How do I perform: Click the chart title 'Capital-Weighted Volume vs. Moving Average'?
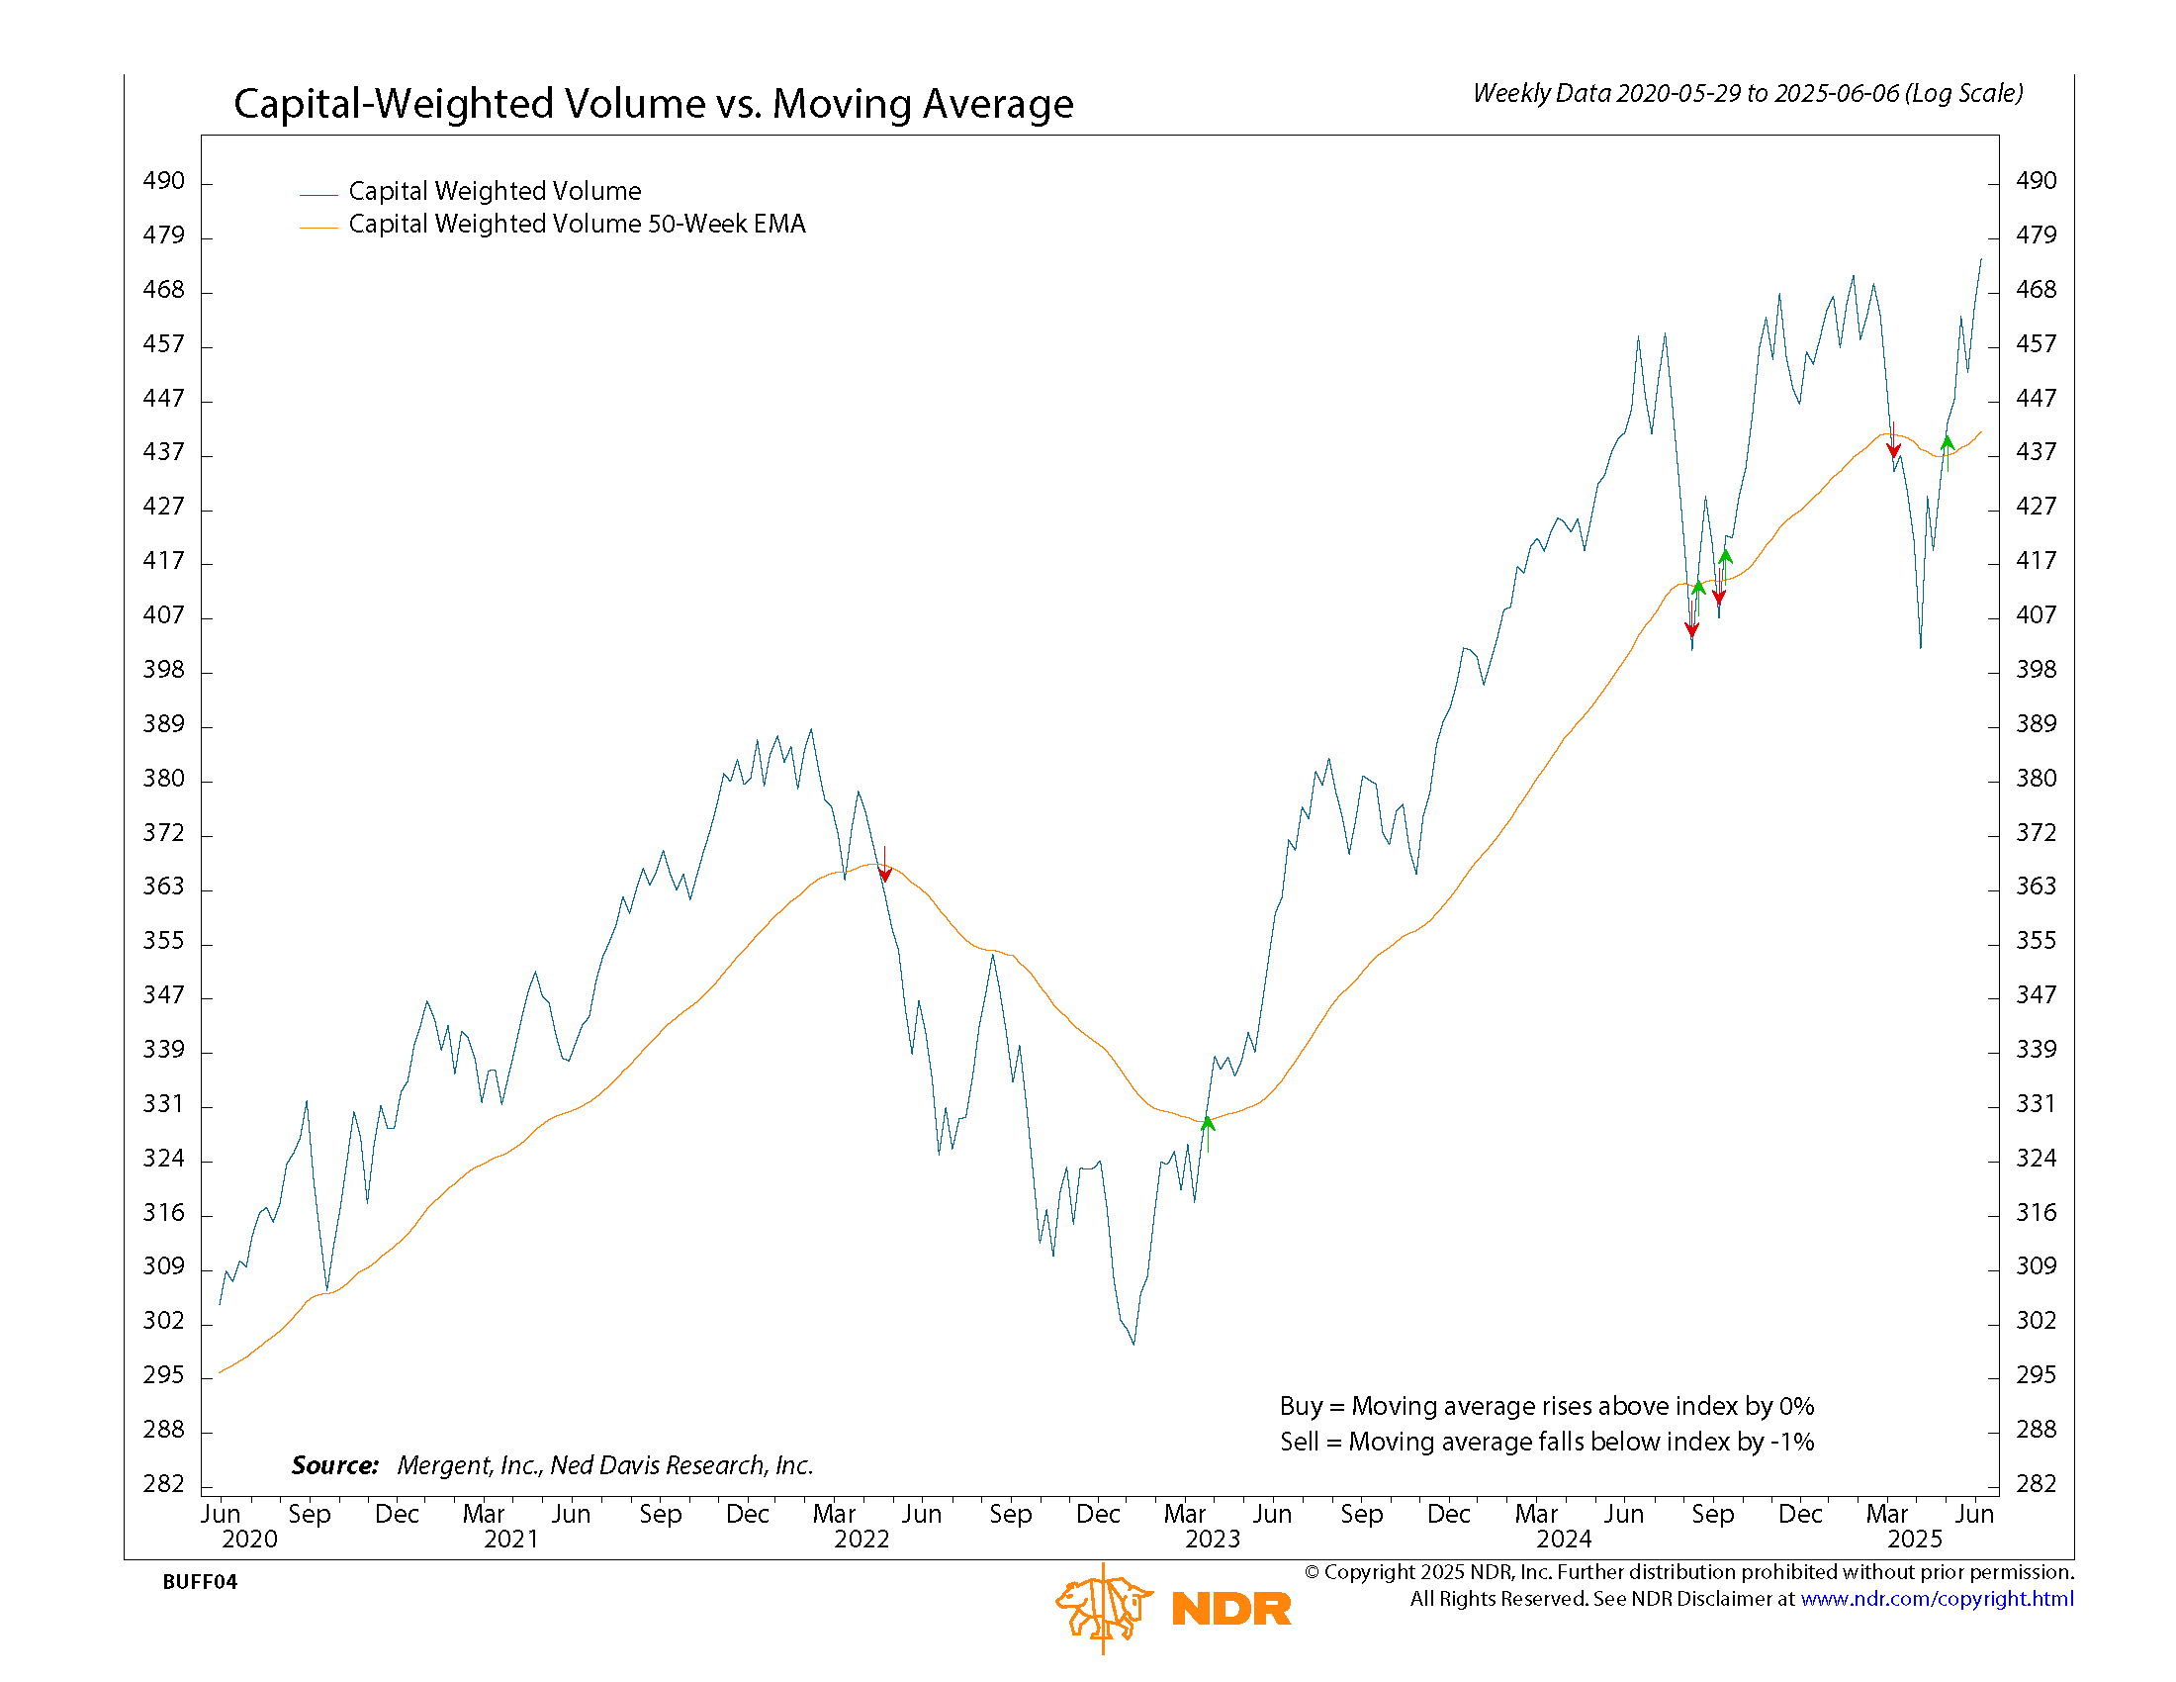653,104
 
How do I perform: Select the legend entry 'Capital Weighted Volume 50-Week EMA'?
576,225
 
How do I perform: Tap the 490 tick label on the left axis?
163,181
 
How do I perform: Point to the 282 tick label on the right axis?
2036,1484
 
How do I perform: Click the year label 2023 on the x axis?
1213,1540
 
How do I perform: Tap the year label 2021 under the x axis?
511,1540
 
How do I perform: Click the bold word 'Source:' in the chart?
334,1465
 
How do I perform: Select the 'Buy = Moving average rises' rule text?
1546,1406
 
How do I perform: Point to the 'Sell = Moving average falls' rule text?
1546,1442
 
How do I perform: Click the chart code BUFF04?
199,1582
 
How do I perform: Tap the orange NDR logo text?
1231,1609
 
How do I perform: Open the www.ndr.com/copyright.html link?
1937,1599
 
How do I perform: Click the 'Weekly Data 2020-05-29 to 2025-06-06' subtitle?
1748,94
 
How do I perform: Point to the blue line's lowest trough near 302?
1133,1342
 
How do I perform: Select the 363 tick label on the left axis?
163,887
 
